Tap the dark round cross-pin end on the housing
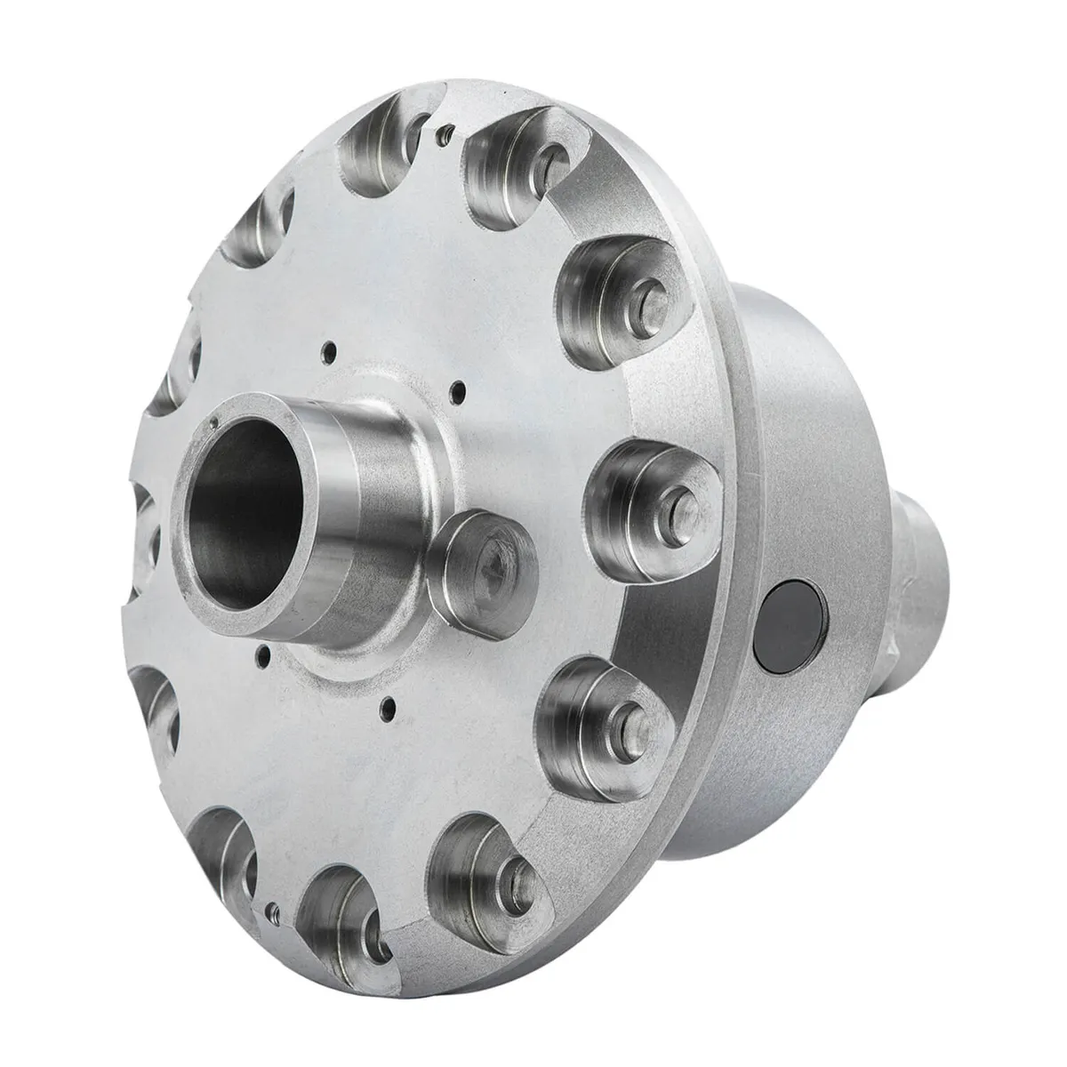pyautogui.click(x=794, y=623)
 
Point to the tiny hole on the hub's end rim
pyautogui.click(x=215, y=423)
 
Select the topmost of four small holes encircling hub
pyautogui.click(x=328, y=348)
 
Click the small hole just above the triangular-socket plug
pyautogui.click(x=458, y=387)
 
